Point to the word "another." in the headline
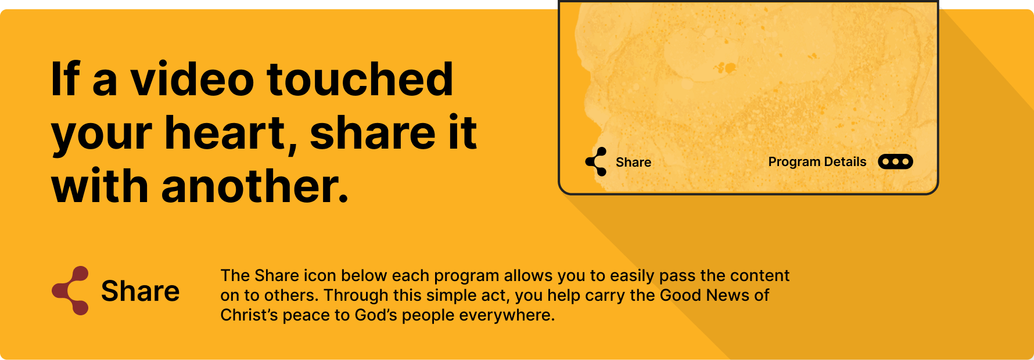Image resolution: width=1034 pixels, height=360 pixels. (255, 186)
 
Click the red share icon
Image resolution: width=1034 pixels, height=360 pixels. (70, 290)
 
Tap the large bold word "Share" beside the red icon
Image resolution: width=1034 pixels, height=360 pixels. (140, 291)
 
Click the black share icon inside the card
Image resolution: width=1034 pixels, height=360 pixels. (596, 162)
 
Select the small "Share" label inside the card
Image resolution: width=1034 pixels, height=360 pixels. (633, 163)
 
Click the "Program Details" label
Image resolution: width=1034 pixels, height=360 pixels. (817, 162)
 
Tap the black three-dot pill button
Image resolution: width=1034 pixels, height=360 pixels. (895, 161)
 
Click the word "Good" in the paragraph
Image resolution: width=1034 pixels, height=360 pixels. (680, 295)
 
